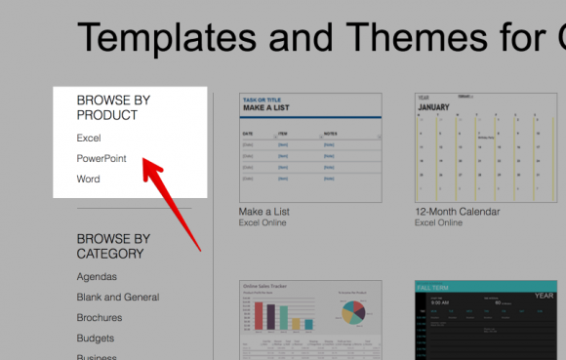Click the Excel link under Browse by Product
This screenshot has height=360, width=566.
pos(89,138)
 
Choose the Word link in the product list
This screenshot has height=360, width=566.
pos(88,179)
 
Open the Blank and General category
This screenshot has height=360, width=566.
pos(118,297)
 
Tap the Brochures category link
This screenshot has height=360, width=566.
pos(100,317)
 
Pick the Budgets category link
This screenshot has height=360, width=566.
pos(96,338)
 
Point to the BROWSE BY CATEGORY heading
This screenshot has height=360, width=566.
pos(113,246)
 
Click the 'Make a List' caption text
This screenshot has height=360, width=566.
pos(264,212)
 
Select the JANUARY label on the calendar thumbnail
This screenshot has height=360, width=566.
pos(435,108)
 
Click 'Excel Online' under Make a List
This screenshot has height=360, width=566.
pos(264,222)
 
